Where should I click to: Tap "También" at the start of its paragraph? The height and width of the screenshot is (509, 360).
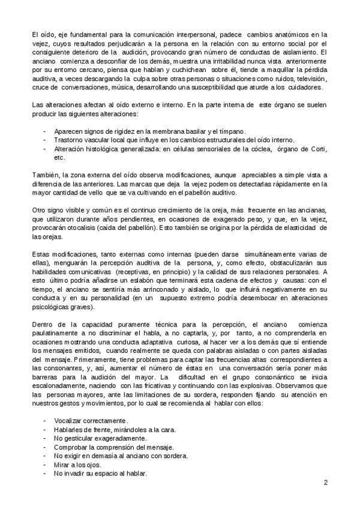coord(46,175)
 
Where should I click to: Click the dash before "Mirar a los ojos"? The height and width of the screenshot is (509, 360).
coord(45,465)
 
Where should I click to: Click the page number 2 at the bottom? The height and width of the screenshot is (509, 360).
coord(325,482)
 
